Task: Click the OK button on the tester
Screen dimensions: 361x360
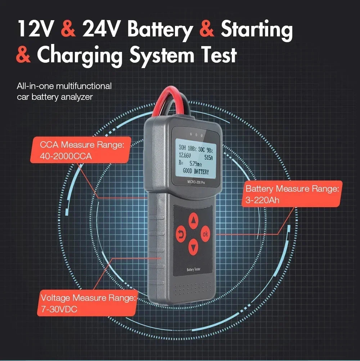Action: click(205, 234)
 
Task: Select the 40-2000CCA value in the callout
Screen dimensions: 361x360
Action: click(66, 156)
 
